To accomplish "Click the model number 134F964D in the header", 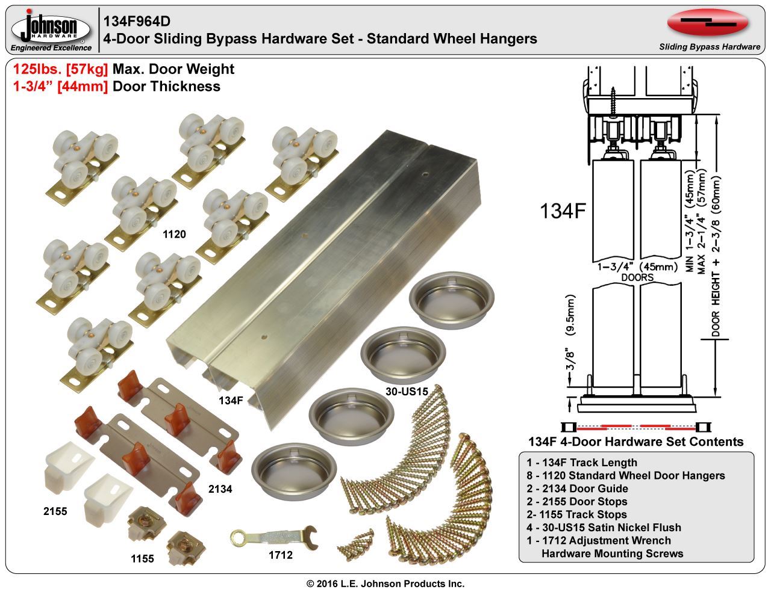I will click(137, 21).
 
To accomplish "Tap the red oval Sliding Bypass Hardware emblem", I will click(708, 23).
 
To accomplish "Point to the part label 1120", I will click(174, 235).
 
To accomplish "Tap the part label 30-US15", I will click(406, 392).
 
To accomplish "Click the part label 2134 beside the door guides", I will click(220, 489).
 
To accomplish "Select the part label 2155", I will click(55, 511).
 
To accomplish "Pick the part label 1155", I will click(142, 559).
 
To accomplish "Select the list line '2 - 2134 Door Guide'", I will click(576, 489).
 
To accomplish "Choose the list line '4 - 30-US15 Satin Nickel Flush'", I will click(604, 527).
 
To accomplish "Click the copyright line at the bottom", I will click(385, 584).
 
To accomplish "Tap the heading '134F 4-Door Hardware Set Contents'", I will click(635, 442).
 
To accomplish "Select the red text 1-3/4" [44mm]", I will click(60, 86).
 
